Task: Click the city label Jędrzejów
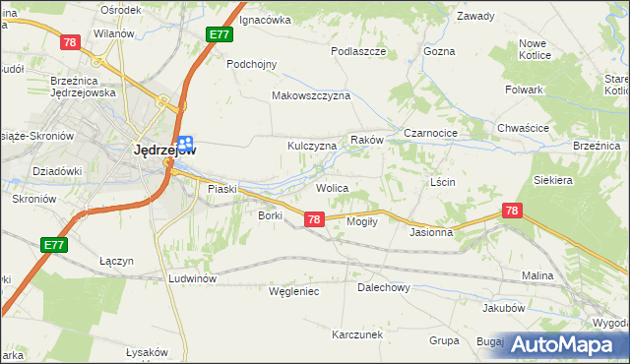pos(163,151)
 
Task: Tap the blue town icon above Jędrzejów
pos(185,144)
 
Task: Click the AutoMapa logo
pos(568,344)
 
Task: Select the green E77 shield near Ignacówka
pos(220,34)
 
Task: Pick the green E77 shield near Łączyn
pos(54,244)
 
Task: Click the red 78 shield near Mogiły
pos(314,219)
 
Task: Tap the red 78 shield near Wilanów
pos(70,42)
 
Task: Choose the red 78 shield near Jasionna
pos(511,211)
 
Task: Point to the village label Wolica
pos(332,186)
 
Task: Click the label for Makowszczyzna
pos(311,96)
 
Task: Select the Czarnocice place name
pos(433,132)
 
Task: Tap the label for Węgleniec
pos(294,291)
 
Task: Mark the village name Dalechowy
pos(383,288)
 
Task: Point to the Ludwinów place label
pos(192,278)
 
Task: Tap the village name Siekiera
pos(552,181)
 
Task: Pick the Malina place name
pos(537,276)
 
